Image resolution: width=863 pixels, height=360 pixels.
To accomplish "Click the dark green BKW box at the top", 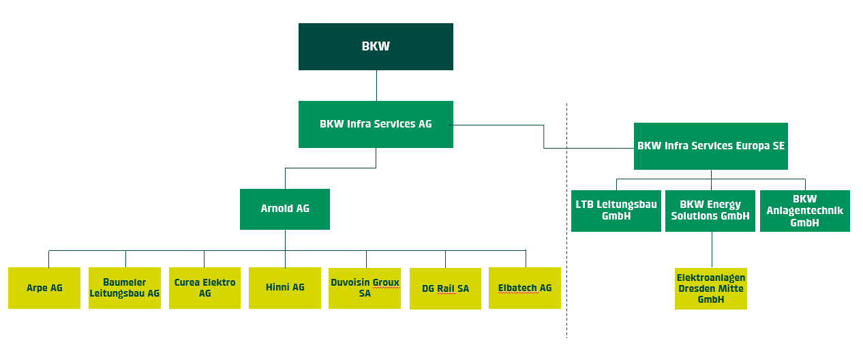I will click(376, 46).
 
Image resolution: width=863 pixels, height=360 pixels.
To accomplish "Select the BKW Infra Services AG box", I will click(376, 124).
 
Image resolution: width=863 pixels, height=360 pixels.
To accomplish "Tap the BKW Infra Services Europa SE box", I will click(710, 146).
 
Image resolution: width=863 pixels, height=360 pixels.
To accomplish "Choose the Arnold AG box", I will click(285, 209).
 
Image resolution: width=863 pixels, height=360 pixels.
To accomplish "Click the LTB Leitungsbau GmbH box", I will click(616, 211).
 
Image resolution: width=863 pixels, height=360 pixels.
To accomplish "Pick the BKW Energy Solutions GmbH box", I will click(710, 211).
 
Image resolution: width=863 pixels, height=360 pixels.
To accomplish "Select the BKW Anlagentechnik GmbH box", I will click(804, 211).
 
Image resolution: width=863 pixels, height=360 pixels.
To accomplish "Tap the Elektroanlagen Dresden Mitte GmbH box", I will click(710, 288).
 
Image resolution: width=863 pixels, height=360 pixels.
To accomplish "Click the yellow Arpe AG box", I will click(44, 288).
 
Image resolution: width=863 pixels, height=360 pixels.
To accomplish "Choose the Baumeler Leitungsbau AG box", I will click(125, 288).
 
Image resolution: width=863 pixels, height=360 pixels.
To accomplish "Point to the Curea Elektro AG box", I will click(205, 288).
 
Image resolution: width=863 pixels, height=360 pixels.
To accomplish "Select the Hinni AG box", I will click(285, 288).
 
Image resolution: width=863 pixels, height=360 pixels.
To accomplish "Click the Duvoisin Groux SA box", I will click(365, 288).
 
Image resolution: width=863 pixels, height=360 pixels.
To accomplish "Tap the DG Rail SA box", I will click(445, 288).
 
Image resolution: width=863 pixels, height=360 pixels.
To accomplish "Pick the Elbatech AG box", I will click(525, 288).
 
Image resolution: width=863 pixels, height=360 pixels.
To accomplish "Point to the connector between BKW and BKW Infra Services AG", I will click(376, 85).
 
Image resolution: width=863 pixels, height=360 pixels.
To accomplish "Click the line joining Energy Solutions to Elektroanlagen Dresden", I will click(712, 250).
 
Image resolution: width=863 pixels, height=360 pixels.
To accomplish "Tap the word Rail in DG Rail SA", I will click(446, 288).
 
